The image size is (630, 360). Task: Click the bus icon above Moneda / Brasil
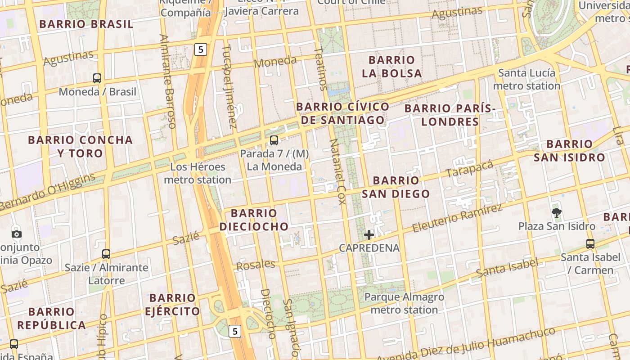coord(97,78)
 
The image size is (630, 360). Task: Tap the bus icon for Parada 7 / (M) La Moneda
coord(274,140)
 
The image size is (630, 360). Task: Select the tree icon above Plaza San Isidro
coord(557,212)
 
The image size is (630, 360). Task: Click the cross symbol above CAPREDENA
coord(369,234)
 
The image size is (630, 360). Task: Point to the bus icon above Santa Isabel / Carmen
coord(590,244)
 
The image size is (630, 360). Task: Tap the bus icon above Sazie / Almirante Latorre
coord(106,254)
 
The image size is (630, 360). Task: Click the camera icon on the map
coord(17,234)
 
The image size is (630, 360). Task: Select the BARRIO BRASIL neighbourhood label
coord(86,24)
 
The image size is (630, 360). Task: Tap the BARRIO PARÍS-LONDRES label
coord(450,115)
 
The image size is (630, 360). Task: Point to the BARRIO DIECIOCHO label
coord(254,220)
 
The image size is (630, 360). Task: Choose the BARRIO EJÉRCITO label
coord(172,305)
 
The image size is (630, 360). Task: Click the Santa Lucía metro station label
coord(527,79)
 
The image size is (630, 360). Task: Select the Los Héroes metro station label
coord(198,173)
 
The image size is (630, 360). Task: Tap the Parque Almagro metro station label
coord(404,303)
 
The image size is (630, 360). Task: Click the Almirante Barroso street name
coord(167,81)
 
